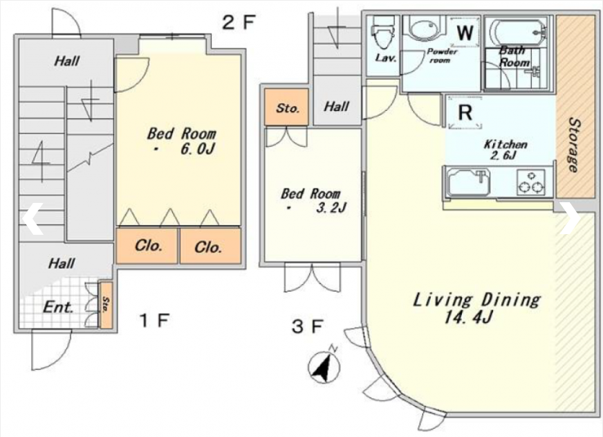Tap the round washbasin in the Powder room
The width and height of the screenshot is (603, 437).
(423, 28)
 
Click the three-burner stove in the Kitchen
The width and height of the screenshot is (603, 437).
(530, 182)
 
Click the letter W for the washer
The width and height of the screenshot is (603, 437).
(465, 33)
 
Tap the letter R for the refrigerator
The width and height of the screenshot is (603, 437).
(465, 113)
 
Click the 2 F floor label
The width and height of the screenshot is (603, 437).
(239, 22)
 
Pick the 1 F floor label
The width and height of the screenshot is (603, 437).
(154, 320)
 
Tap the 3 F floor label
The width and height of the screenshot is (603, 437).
(307, 327)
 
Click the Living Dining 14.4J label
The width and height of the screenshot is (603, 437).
(477, 308)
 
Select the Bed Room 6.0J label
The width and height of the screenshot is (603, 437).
(181, 141)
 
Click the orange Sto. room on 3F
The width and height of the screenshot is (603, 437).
(287, 107)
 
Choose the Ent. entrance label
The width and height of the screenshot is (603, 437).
(58, 307)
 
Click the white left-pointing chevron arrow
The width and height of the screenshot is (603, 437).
(33, 218)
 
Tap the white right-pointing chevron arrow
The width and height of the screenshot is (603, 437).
(570, 218)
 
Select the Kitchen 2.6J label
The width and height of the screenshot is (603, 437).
(505, 150)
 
